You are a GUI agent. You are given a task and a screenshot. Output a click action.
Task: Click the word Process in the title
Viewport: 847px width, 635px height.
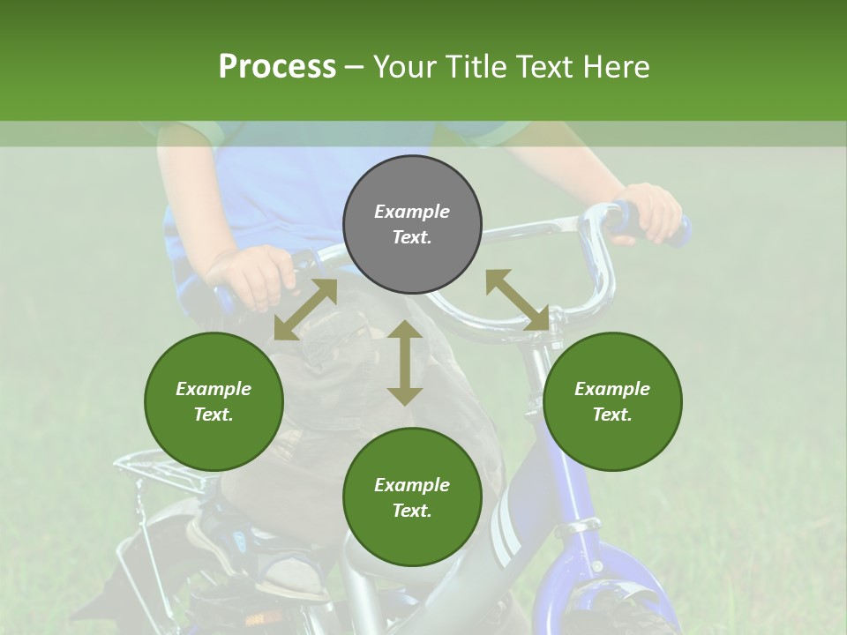pyautogui.click(x=277, y=67)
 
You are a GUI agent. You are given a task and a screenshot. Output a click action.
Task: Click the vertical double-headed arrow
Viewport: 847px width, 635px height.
pyautogui.click(x=405, y=363)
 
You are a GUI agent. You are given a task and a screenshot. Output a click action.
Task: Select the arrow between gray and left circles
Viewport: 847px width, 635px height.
pyautogui.click(x=305, y=310)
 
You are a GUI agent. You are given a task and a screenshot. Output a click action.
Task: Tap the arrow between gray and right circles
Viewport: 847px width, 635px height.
pyautogui.click(x=517, y=301)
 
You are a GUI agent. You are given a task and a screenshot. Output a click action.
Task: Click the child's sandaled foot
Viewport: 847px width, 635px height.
pyautogui.click(x=291, y=573)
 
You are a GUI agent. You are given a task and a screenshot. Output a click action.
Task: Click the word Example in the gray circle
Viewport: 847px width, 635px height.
pyautogui.click(x=412, y=212)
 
